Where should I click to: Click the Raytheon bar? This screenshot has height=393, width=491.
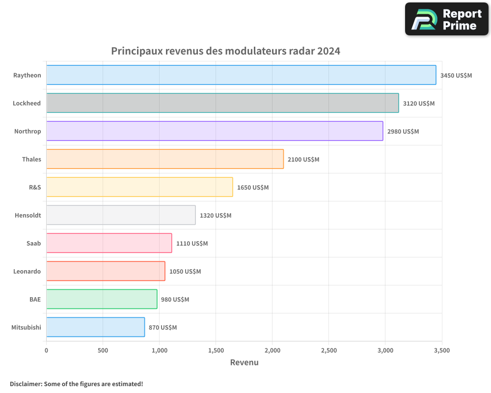241,75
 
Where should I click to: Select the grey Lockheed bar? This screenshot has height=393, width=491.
222,103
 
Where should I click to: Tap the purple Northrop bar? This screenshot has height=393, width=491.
215,131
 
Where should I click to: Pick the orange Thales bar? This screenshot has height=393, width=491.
165,159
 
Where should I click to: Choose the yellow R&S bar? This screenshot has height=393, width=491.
139,187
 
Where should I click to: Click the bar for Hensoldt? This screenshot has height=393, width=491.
121,215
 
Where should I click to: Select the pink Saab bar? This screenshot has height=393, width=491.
109,243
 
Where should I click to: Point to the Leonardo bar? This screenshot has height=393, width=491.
106,271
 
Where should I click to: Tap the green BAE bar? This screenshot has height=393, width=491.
102,299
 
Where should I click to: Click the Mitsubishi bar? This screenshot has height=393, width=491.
95,327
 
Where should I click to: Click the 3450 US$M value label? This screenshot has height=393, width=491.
456,76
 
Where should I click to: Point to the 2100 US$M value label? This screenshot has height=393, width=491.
303,160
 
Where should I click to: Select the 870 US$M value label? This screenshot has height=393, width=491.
163,328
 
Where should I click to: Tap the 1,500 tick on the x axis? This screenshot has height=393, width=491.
216,351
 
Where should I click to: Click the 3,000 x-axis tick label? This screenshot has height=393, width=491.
385,351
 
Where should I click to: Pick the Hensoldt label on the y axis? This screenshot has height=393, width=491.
28,215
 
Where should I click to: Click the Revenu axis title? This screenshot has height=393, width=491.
244,363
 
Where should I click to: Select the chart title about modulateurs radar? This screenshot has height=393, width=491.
225,51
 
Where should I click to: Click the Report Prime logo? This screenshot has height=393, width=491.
446,19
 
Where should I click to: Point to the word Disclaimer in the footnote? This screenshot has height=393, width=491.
25,384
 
